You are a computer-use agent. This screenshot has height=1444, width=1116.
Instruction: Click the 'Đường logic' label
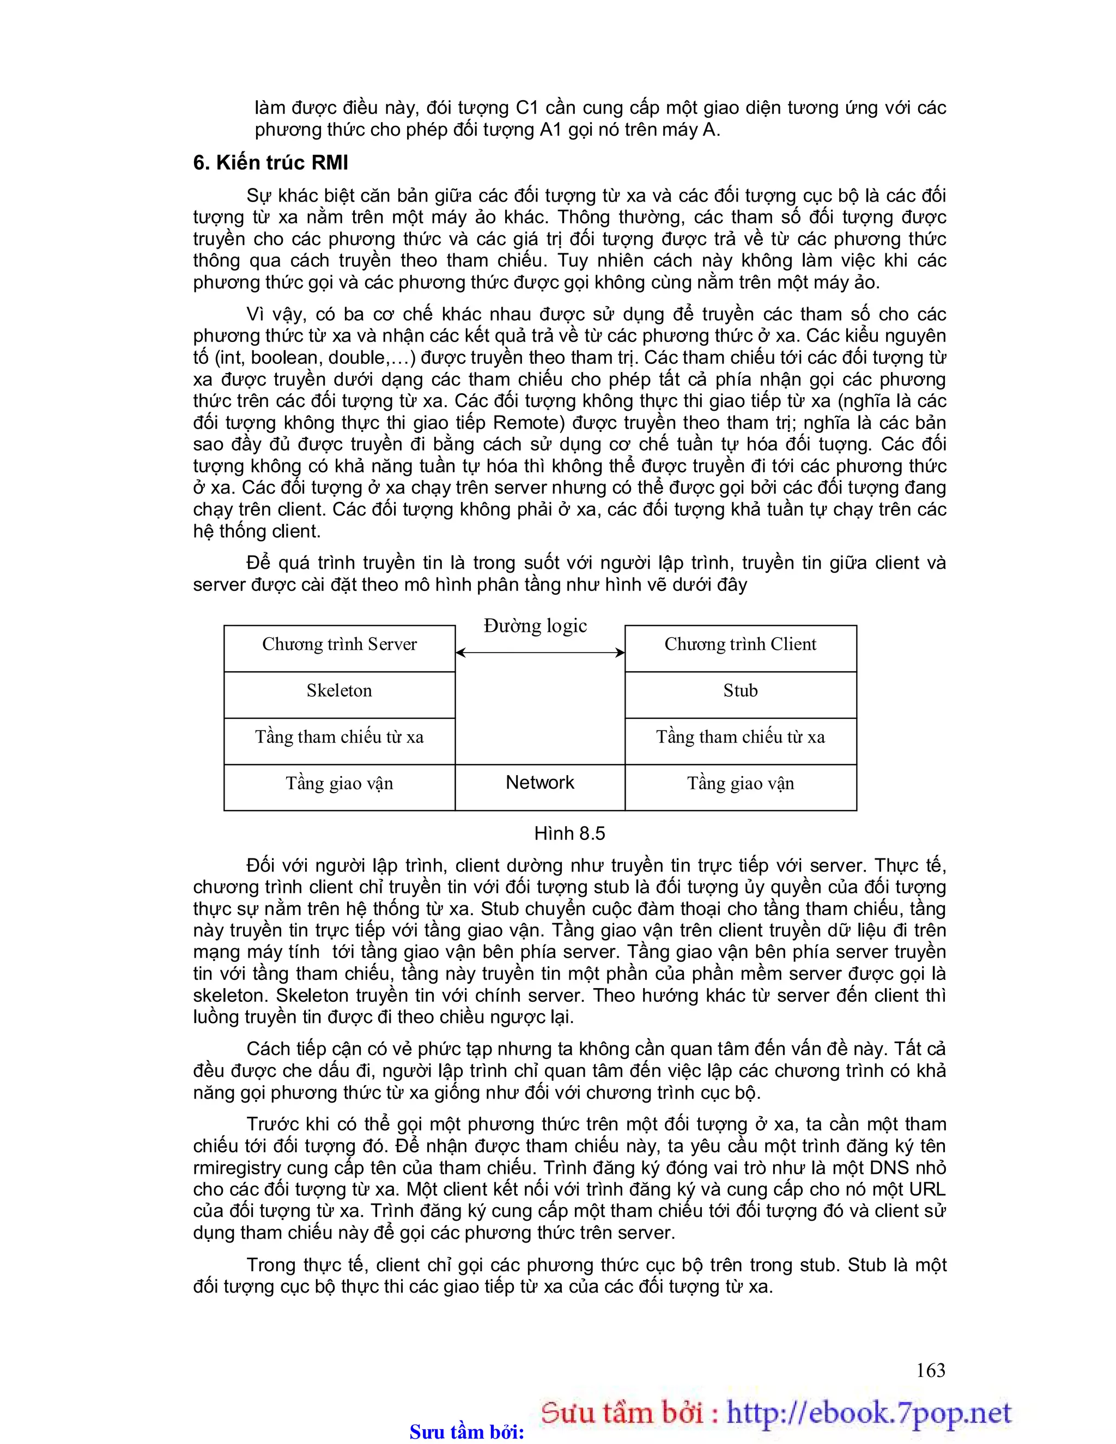535,625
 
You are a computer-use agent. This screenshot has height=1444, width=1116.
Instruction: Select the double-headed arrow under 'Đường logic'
540,653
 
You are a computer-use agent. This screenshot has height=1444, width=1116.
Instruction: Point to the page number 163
930,1370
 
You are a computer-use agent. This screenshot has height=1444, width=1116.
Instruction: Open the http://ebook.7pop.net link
869,1413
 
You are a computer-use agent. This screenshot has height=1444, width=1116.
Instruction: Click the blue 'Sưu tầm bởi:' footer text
466,1432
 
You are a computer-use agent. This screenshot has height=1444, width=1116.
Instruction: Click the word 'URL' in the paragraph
927,1190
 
